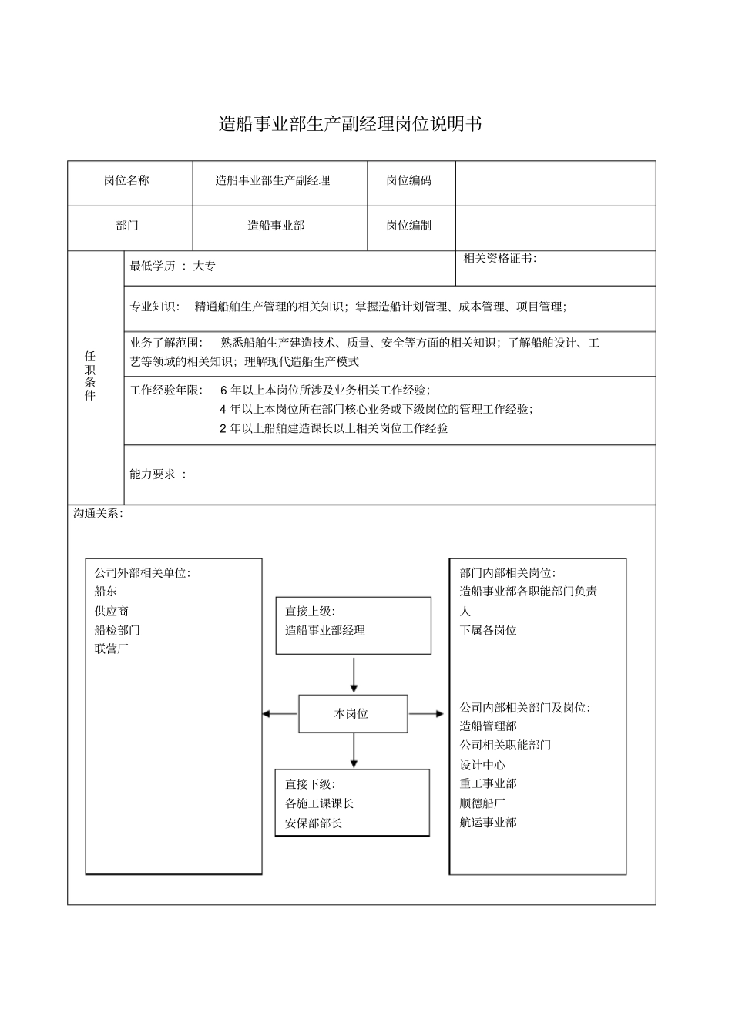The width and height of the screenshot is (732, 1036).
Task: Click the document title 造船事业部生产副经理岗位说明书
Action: point(350,124)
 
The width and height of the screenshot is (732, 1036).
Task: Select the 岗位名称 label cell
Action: point(127,181)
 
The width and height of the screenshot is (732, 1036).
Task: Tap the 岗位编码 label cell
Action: point(409,181)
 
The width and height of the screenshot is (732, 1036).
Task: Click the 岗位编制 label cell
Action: point(409,226)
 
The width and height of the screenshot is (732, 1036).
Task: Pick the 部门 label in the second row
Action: point(127,226)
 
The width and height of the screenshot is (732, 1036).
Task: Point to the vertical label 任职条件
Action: point(90,376)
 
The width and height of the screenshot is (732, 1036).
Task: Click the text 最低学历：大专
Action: point(173,267)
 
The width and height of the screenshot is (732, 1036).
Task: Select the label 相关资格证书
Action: point(499,259)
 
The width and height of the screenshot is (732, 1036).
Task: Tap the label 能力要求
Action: point(158,474)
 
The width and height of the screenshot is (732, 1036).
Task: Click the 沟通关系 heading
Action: point(97,513)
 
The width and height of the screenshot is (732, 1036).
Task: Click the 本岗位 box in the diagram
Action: point(352,714)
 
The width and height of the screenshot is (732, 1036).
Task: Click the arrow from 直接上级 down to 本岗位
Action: point(353,675)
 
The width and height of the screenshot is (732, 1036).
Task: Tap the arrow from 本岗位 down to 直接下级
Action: point(353,750)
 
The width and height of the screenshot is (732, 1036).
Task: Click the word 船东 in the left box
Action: point(106,592)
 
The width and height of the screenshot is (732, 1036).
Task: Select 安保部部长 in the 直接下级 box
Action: point(314,823)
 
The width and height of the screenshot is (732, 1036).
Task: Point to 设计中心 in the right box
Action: point(482,765)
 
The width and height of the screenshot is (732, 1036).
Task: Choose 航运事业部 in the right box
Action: point(488,823)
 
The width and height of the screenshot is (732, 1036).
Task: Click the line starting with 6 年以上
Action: point(325,391)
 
